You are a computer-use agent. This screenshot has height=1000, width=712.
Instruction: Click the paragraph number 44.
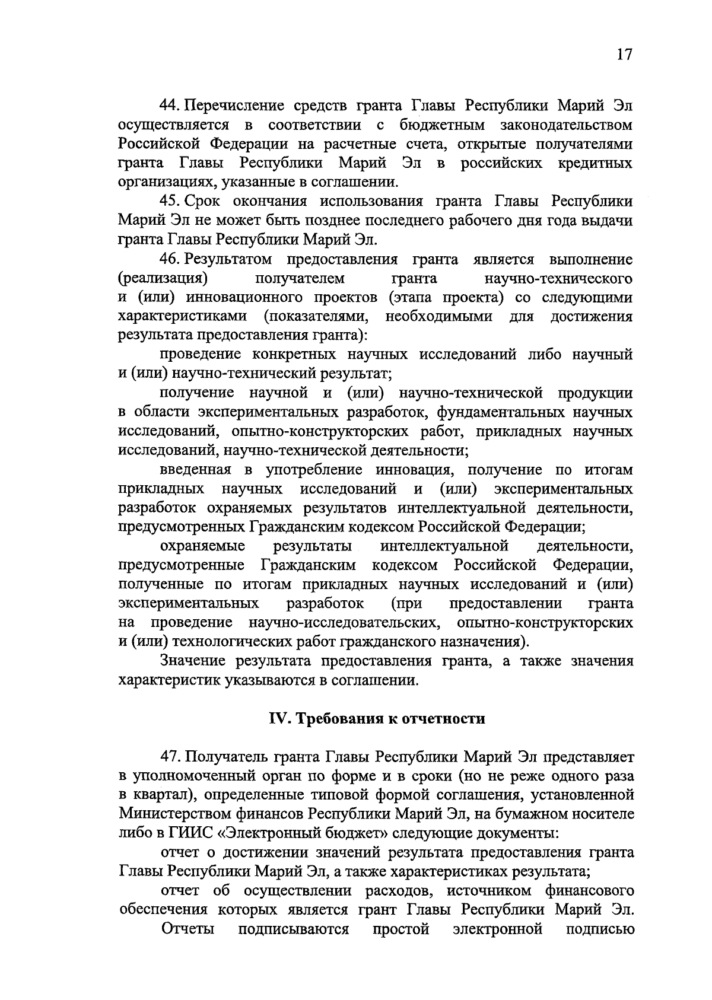click(168, 106)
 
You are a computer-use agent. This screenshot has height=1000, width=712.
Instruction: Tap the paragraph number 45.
click(168, 201)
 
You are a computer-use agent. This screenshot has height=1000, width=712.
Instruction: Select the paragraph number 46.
click(168, 259)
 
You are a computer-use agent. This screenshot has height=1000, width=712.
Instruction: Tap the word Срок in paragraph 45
click(203, 202)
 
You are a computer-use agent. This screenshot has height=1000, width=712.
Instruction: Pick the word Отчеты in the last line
click(187, 929)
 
